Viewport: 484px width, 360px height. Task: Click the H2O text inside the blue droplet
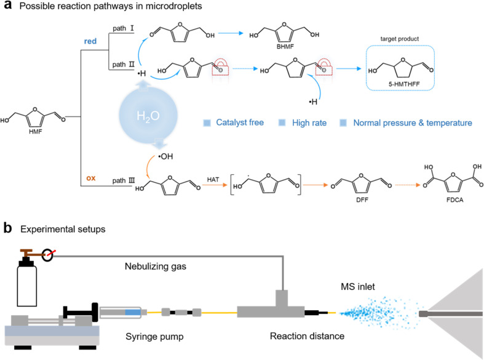point(148,116)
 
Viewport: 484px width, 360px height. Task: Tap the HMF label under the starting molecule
point(36,132)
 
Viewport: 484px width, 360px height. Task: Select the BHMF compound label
point(285,47)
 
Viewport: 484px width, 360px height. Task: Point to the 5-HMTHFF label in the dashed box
point(404,84)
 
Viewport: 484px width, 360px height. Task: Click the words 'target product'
point(399,39)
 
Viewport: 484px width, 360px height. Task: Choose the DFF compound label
point(362,200)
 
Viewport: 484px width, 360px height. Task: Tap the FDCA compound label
point(454,200)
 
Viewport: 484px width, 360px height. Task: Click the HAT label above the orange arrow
point(213,179)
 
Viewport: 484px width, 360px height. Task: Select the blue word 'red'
point(90,41)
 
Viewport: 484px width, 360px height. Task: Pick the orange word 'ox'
point(91,178)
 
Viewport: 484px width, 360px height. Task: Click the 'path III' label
point(124,181)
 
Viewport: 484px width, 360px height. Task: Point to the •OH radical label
point(165,156)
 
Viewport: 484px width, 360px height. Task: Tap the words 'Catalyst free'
point(240,122)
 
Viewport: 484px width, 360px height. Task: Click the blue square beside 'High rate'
point(282,122)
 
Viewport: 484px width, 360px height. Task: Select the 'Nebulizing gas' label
point(156,266)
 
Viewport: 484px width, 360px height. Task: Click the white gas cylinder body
point(27,285)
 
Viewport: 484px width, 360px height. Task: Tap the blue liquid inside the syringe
point(133,313)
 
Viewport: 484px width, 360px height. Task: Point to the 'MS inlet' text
point(358,287)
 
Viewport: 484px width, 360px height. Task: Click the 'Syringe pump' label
point(154,337)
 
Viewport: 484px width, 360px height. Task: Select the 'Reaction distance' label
point(307,336)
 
